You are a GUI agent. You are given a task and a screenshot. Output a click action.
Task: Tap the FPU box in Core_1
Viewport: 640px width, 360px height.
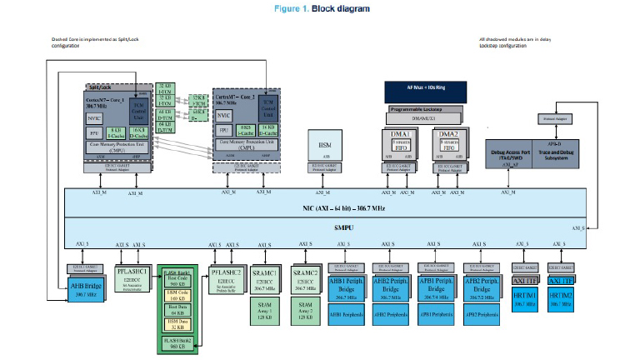(96, 132)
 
